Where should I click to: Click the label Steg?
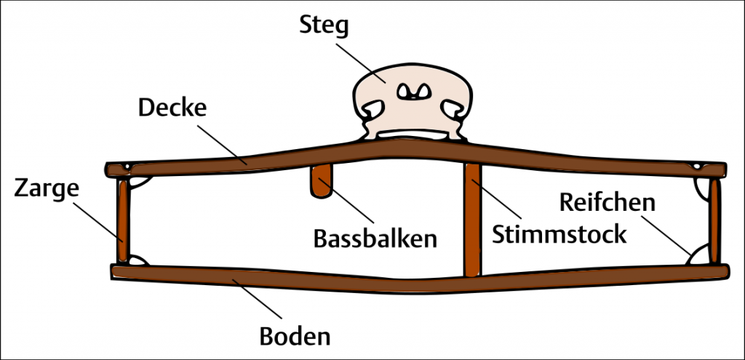[x=324, y=26]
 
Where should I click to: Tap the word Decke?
[x=172, y=109]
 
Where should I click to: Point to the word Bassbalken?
[x=375, y=238]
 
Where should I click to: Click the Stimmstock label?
[x=559, y=234]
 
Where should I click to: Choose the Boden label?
[x=295, y=337]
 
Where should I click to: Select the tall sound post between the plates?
[x=472, y=218]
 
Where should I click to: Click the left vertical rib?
[x=124, y=221]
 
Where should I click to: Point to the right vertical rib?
[x=715, y=221]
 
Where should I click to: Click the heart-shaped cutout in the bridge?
[x=412, y=92]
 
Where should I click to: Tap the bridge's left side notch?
[x=370, y=110]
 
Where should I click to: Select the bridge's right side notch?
[x=454, y=110]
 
